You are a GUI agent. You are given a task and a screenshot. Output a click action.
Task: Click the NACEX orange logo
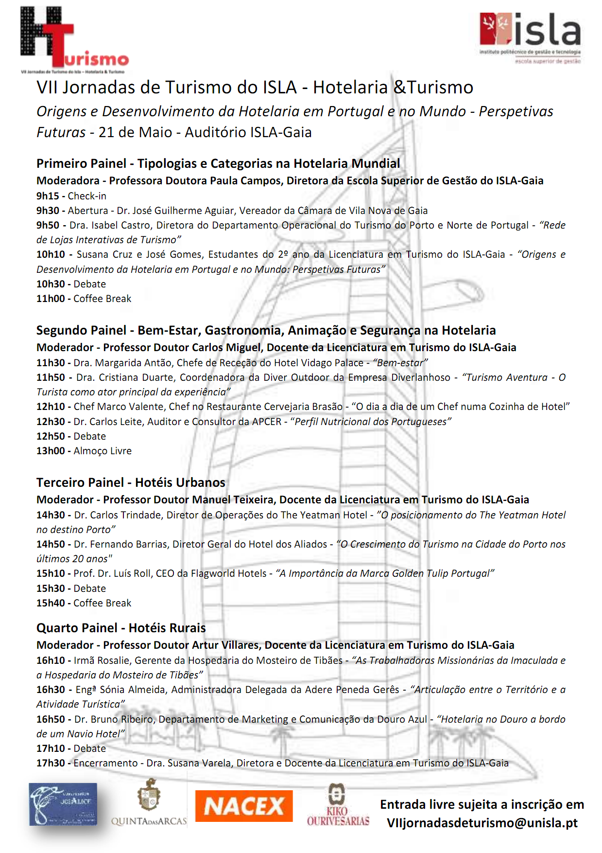coord(243,806)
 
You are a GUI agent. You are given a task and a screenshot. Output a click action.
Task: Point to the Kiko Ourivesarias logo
coord(338,805)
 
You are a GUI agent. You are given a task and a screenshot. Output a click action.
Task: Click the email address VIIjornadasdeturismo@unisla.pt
coord(482,823)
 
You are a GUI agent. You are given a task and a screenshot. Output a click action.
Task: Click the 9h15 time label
coord(48,196)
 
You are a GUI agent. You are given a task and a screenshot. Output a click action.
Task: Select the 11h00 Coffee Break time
coord(51,299)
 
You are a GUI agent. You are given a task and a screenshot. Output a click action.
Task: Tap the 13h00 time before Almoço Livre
coord(51,451)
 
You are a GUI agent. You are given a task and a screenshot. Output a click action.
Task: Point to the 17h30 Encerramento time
coord(51,763)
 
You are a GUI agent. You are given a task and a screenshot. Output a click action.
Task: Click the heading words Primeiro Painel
coord(81,163)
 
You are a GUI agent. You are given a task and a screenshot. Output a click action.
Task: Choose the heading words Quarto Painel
coord(77,628)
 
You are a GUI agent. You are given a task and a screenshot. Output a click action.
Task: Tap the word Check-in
coord(87,196)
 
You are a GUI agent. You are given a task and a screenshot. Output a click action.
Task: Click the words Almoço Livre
coord(103,451)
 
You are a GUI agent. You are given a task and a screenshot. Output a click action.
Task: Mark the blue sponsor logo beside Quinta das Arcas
coord(63,804)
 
